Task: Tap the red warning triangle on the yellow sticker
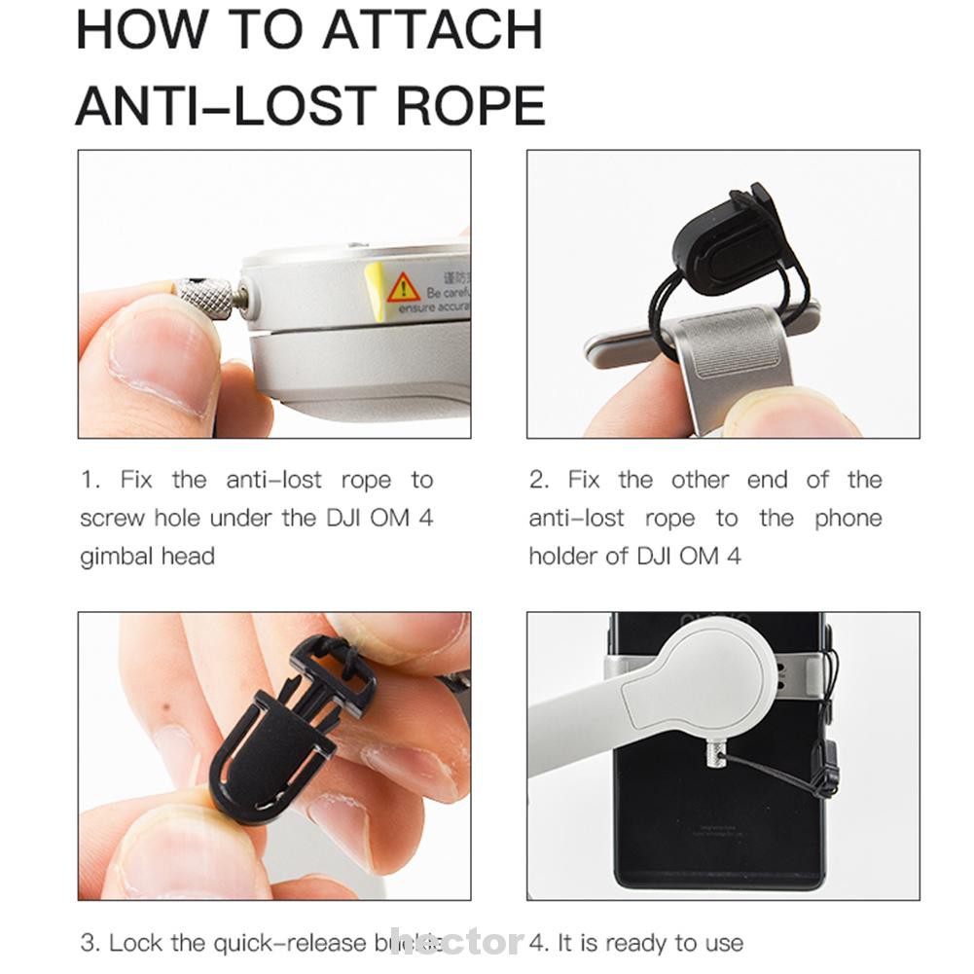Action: point(403,287)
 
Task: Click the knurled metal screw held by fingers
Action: point(205,298)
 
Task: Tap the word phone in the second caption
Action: point(848,519)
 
